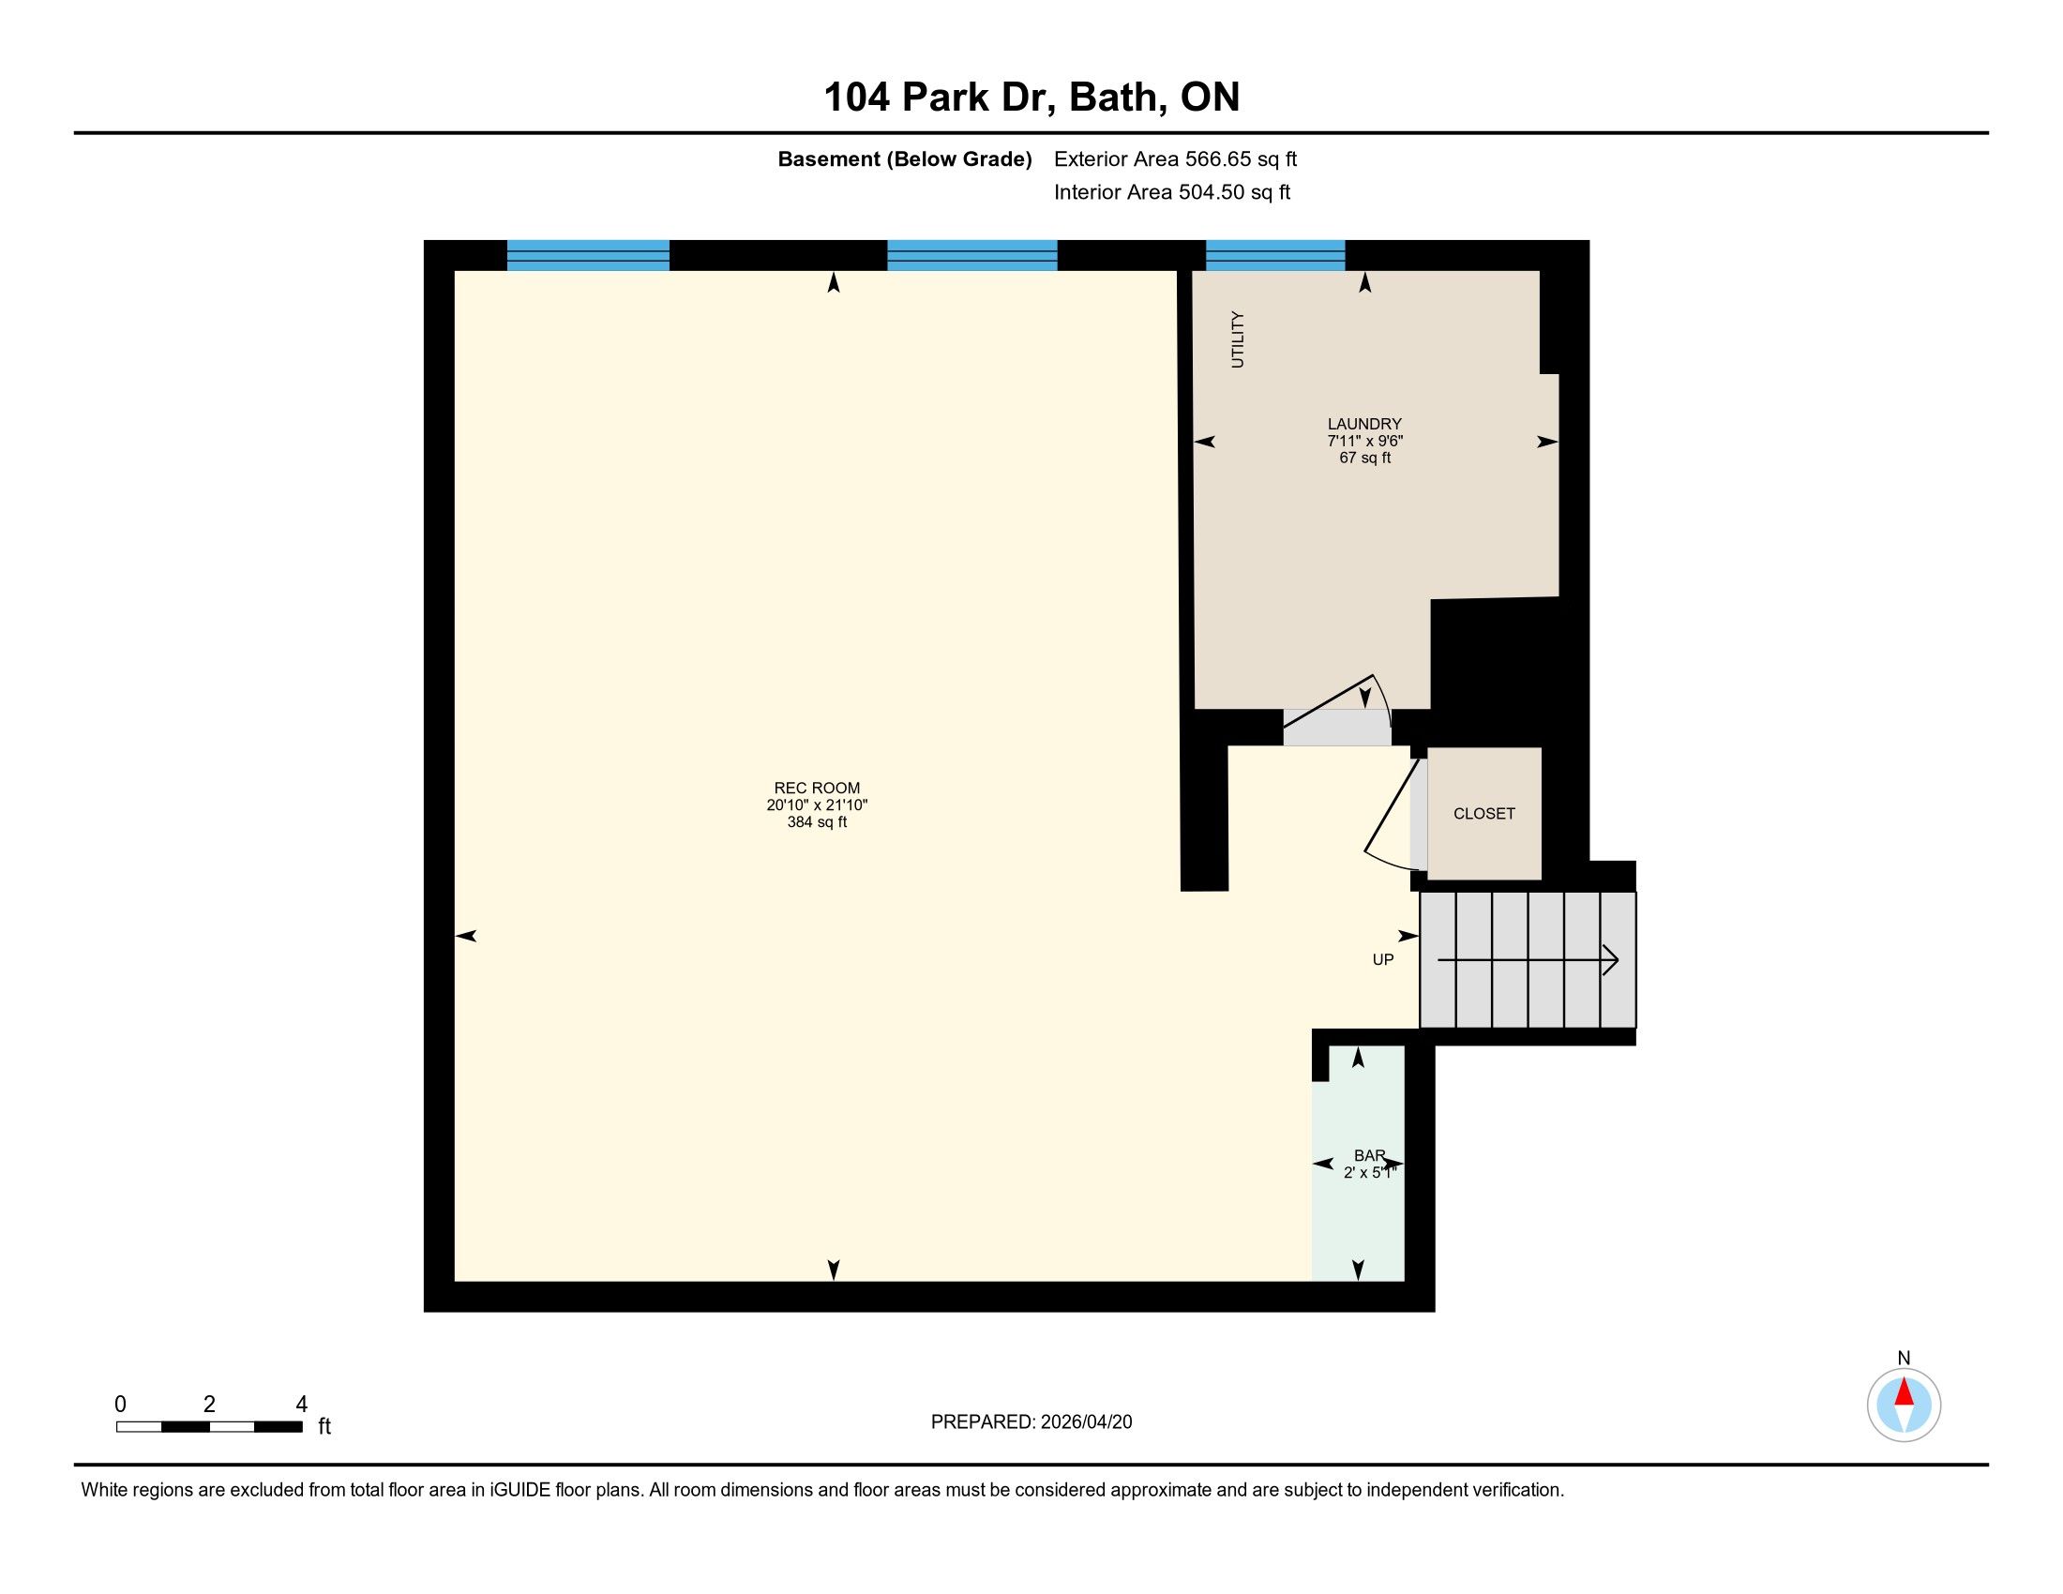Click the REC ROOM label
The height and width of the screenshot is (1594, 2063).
(817, 788)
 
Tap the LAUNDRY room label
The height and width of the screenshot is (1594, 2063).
(1364, 424)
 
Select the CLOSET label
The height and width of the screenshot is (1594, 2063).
(1484, 813)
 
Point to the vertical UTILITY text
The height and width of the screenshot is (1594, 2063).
(1238, 339)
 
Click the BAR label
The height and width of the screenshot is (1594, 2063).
(1370, 1156)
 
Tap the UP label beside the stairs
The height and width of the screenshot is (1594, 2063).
(1383, 959)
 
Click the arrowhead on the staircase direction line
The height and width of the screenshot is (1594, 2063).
(1611, 961)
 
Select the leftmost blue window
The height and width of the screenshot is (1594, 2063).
(589, 256)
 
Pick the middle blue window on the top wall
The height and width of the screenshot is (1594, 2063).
(972, 256)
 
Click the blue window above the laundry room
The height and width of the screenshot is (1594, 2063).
(1275, 256)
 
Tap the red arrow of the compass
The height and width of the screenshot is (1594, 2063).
(1905, 1391)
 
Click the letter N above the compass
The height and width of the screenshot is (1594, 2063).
(1905, 1358)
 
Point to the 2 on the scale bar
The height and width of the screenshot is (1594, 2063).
(210, 1405)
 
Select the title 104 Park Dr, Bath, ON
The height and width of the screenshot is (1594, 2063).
(1031, 98)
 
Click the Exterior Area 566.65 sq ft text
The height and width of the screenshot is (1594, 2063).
(1176, 159)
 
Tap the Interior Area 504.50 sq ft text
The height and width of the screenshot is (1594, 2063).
(1172, 192)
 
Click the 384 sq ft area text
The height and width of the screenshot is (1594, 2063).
(817, 822)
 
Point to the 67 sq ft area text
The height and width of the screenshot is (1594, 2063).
(1365, 458)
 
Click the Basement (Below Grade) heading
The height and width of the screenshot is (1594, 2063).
(905, 159)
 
